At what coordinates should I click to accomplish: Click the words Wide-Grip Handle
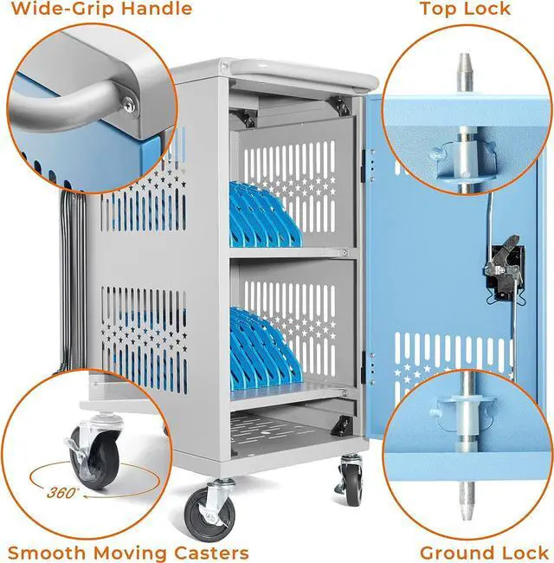coord(101,9)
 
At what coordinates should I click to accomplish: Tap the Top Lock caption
coord(465,9)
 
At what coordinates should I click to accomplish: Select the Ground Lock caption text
coord(484,553)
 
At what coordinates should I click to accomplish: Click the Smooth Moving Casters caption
coord(128,553)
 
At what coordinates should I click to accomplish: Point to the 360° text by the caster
coord(61,493)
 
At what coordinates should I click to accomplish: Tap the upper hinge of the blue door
coord(364,165)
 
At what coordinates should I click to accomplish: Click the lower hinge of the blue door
coord(364,368)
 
